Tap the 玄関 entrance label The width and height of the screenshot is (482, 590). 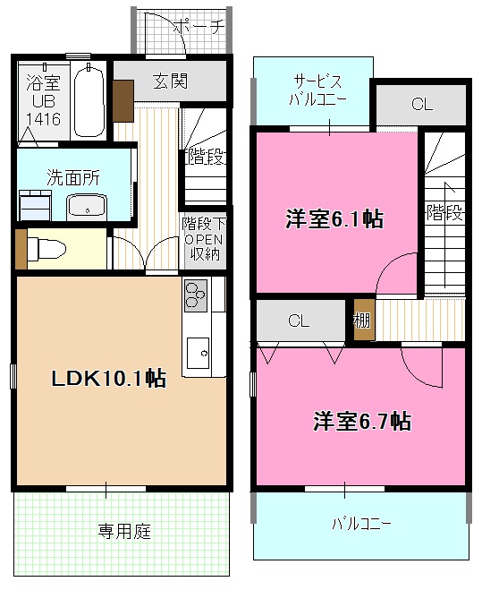pos(169,82)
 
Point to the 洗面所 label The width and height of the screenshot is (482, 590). pos(73,175)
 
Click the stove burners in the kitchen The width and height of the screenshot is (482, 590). pos(196,294)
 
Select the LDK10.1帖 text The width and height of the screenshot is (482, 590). pos(107,379)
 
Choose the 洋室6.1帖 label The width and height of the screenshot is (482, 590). pos(334,218)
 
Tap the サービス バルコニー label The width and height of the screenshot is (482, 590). pos(312,90)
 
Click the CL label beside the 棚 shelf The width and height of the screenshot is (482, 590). pos(300,320)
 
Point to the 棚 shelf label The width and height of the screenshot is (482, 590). pos(362,319)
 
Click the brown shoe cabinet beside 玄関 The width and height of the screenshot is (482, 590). pos(123,99)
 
